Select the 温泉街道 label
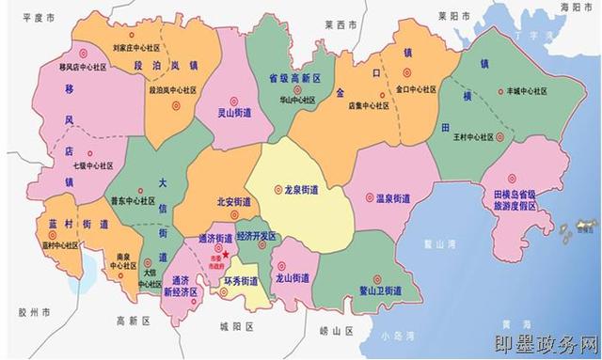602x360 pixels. coord(392,199)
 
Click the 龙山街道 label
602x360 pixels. coord(292,279)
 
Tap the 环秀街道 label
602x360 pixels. coord(240,281)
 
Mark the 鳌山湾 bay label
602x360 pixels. coord(439,243)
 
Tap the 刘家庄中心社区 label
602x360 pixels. coord(135,44)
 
